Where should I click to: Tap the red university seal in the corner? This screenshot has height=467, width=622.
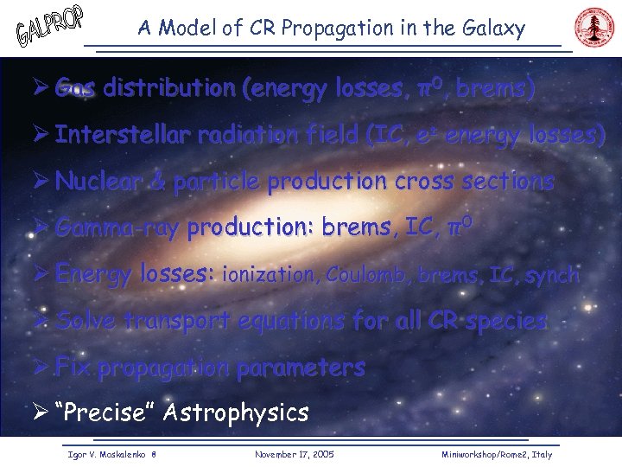click(593, 28)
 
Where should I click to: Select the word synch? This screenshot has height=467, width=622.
click(551, 275)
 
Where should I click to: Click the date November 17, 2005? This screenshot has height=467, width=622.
click(295, 454)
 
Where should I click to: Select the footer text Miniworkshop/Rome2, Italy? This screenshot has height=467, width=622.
click(496, 454)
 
